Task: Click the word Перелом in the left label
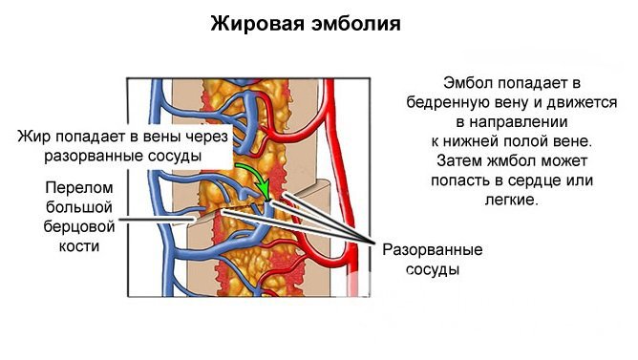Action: click(x=72, y=187)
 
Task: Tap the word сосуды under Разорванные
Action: click(x=432, y=270)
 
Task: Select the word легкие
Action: click(x=513, y=201)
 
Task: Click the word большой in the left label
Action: click(x=72, y=207)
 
